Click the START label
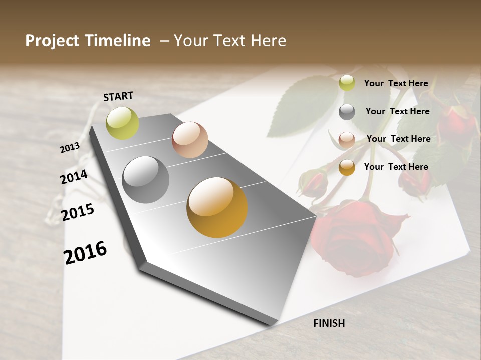[118, 96]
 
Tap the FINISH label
[329, 323]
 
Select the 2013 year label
[70, 148]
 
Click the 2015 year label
[78, 212]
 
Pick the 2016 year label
[85, 252]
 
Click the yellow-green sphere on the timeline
[122, 123]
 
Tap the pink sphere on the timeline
[190, 140]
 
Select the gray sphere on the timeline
[145, 180]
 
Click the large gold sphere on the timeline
[217, 207]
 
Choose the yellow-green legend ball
[347, 83]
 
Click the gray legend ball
[347, 112]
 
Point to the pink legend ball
[347, 139]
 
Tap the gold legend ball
[347, 167]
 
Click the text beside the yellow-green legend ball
[396, 83]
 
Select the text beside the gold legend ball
[396, 167]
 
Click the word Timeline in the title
[119, 41]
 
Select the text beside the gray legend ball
[397, 111]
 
